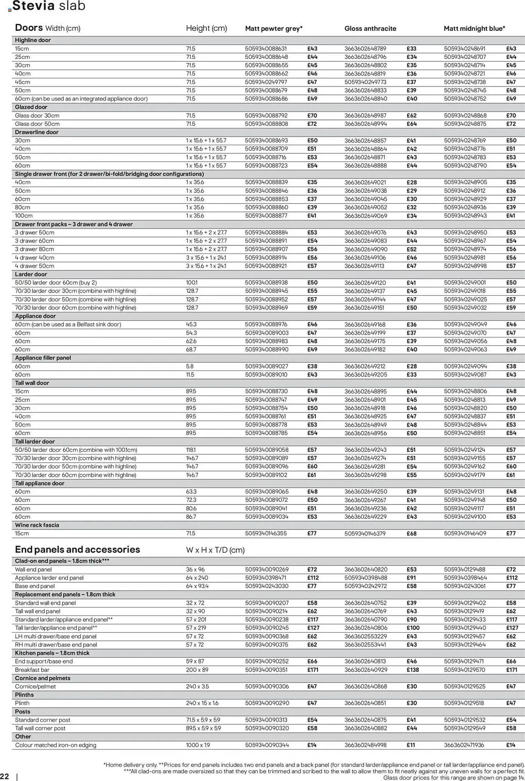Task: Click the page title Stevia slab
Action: pos(49,6)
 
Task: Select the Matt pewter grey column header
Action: pos(273,29)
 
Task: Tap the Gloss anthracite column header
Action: pos(370,29)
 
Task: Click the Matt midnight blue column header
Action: pos(474,29)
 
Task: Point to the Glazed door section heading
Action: pos(31,107)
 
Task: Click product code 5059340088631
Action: pos(266,49)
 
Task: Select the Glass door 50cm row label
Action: pos(37,124)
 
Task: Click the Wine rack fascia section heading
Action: pos(37,525)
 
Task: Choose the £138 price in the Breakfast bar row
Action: pos(412,670)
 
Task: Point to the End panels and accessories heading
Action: pos(77,550)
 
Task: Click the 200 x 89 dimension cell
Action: pos(197,670)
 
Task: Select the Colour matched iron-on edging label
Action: pos(55,745)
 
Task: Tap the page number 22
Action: pos(5,776)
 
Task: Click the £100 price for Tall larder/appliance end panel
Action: pos(412,628)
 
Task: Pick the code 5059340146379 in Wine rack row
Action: pos(365,533)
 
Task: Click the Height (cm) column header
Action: pos(206,29)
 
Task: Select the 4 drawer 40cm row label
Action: pos(34,258)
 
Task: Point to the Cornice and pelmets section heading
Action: pos(43,678)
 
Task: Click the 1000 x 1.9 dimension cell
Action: pos(198,745)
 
